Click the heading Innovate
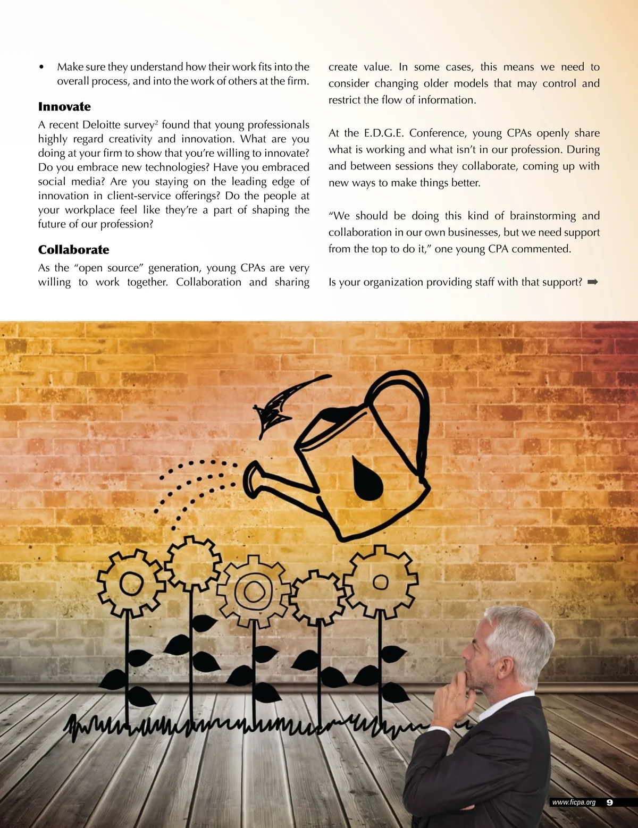pos(64,107)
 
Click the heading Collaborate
pos(73,250)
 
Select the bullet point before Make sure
pos(41,67)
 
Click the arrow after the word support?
pos(593,282)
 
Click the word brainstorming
pos(542,216)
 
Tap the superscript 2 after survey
pos(156,122)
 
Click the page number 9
pos(609,802)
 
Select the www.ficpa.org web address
pos(574,802)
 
